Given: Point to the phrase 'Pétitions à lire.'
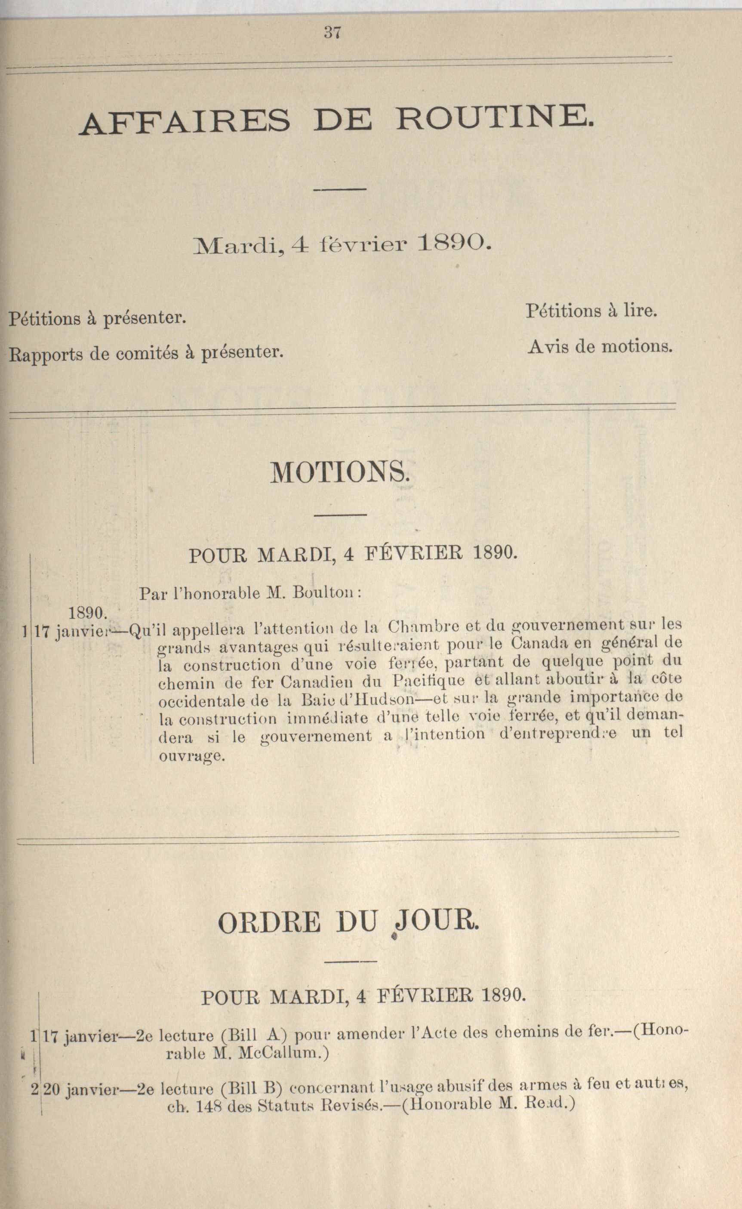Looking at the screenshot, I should (591, 311).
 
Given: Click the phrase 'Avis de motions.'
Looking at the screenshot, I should (600, 347).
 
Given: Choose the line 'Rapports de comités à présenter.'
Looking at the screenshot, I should (146, 353).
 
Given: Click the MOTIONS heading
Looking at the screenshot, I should (339, 473).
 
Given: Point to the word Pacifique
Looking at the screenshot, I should (429, 680).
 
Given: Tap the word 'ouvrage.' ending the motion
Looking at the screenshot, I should (192, 756).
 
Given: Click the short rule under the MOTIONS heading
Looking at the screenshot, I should (340, 515).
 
